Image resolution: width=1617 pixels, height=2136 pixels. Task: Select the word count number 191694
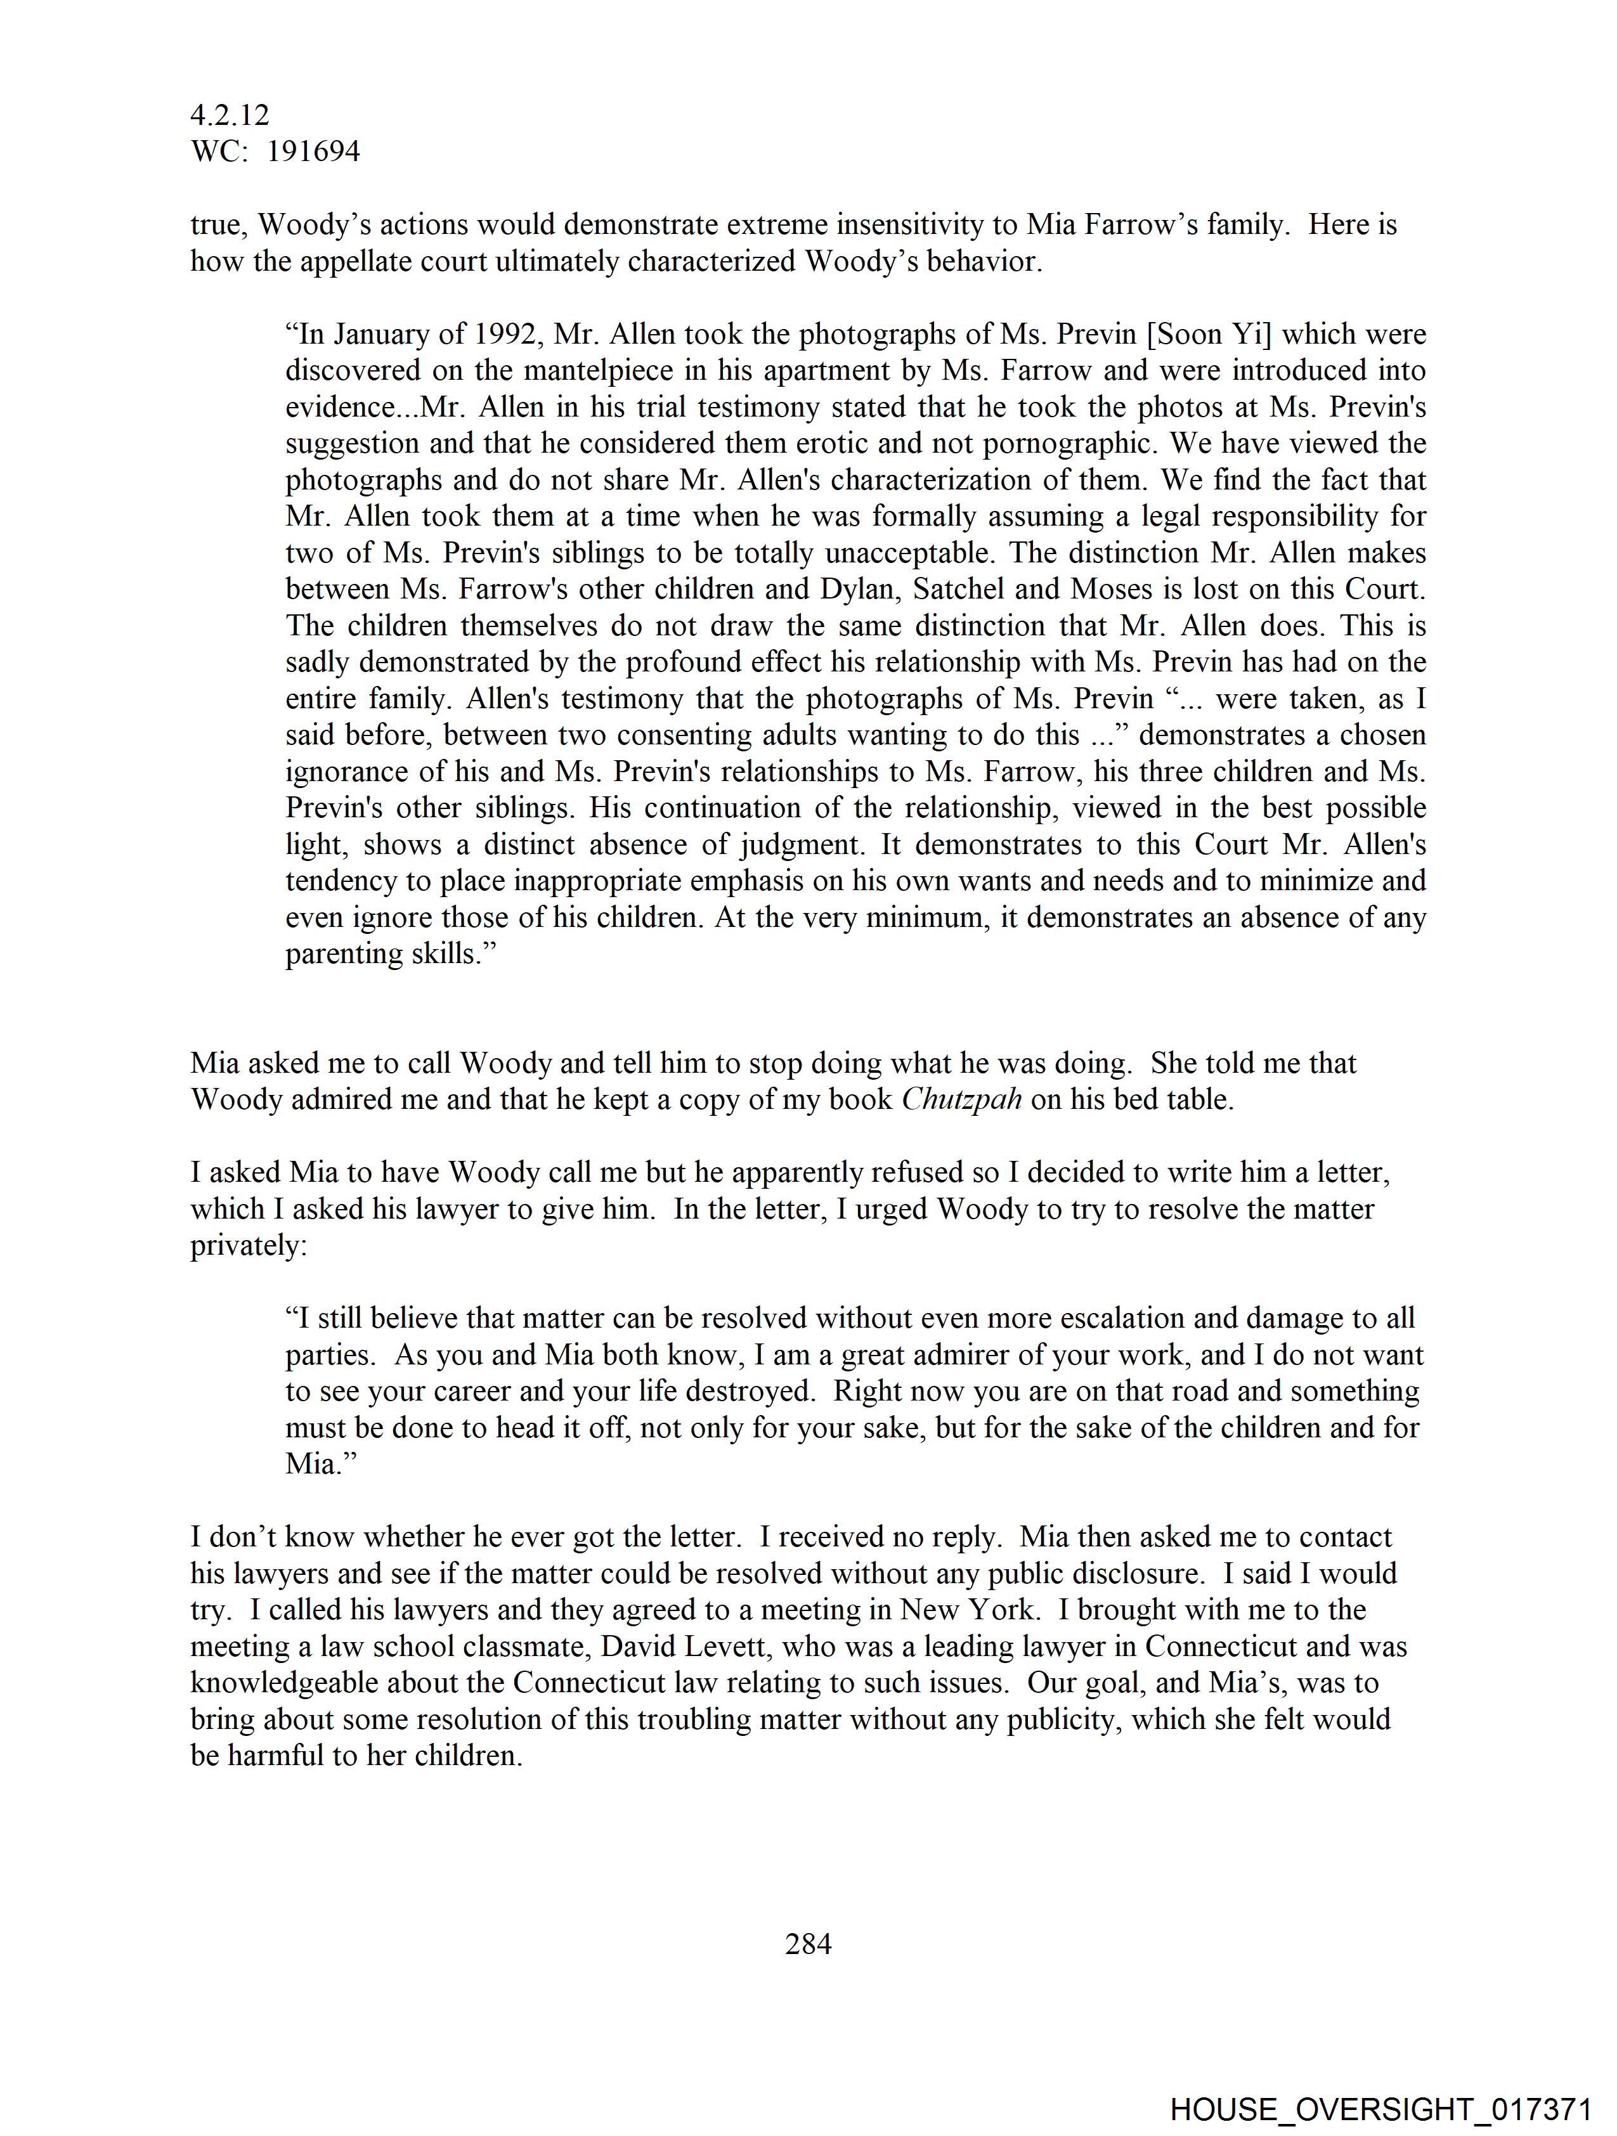coord(313,152)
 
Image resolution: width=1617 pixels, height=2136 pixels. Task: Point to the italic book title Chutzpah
coord(961,1100)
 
